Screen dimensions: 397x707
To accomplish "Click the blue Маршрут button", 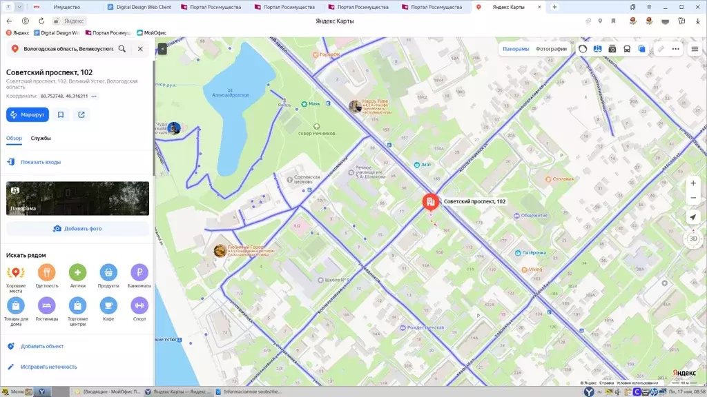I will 28,114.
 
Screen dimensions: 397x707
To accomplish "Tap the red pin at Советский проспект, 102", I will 430,201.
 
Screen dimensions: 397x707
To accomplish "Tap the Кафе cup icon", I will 108,305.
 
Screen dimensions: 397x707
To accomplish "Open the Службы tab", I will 41,139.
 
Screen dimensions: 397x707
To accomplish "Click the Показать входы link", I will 40,162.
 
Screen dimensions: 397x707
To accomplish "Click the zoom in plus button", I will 693,183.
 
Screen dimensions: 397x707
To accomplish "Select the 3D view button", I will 693,238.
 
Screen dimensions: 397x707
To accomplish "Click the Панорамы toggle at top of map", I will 516,49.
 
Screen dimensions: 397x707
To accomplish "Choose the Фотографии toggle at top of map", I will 551,49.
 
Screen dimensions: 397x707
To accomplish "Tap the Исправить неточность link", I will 48,367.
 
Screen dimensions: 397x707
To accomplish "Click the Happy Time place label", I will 375,102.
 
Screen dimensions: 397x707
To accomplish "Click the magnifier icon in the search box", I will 122,49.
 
